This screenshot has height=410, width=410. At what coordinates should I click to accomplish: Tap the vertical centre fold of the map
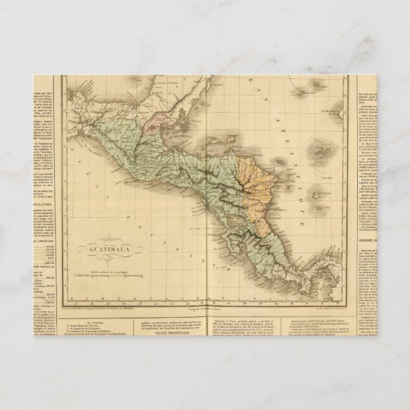tap(205, 191)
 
